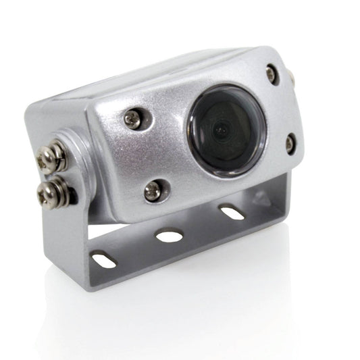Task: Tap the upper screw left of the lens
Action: (133, 120)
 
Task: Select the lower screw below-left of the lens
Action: (153, 191)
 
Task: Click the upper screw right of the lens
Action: (271, 74)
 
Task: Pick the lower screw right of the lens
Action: (290, 143)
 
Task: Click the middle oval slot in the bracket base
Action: (169, 236)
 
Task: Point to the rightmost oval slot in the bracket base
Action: (232, 213)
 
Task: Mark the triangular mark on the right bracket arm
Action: (261, 199)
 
